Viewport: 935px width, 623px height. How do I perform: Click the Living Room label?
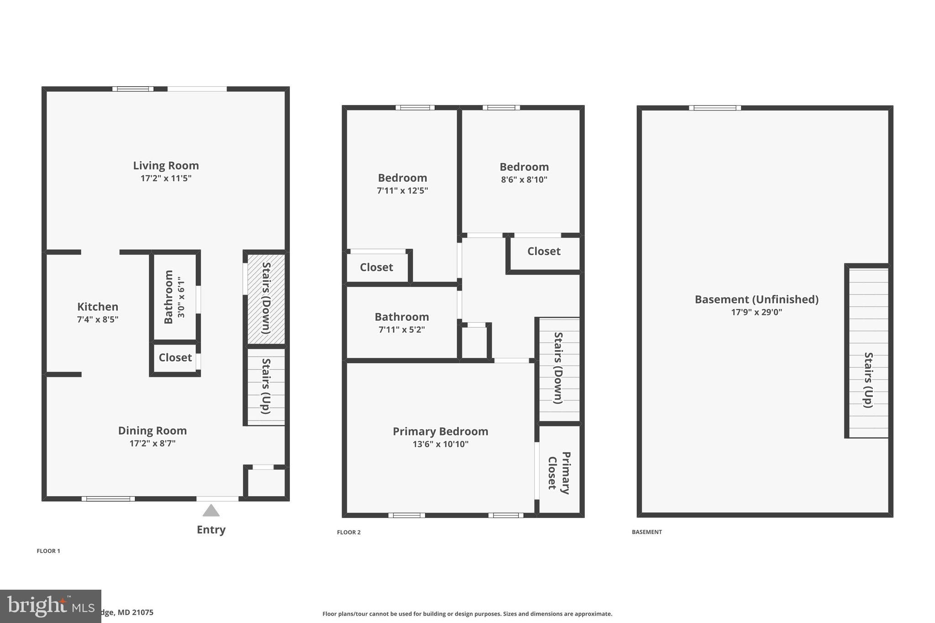166,166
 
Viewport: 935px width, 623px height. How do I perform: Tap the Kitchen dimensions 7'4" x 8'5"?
98,319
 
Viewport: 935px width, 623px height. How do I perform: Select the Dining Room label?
152,430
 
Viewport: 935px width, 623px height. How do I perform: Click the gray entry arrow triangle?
211,511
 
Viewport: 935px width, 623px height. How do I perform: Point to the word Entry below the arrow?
211,529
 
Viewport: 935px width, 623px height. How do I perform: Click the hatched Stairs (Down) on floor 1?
266,298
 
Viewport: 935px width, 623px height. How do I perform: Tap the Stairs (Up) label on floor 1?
266,386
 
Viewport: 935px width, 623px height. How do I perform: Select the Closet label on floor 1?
175,357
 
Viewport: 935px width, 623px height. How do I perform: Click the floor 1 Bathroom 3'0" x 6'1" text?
175,297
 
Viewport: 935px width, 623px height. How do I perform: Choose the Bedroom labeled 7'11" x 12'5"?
402,183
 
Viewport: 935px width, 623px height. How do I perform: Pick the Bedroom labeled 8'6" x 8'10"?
524,173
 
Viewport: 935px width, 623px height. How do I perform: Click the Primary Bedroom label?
441,431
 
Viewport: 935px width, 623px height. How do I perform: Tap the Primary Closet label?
559,472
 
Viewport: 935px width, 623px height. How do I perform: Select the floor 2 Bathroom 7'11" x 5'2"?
402,323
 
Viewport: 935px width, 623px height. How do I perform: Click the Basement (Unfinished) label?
756,299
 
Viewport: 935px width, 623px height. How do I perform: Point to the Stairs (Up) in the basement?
868,380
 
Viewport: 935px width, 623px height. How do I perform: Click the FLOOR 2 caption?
349,532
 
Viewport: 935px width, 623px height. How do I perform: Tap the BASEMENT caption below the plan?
647,532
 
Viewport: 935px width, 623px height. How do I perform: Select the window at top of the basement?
714,108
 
